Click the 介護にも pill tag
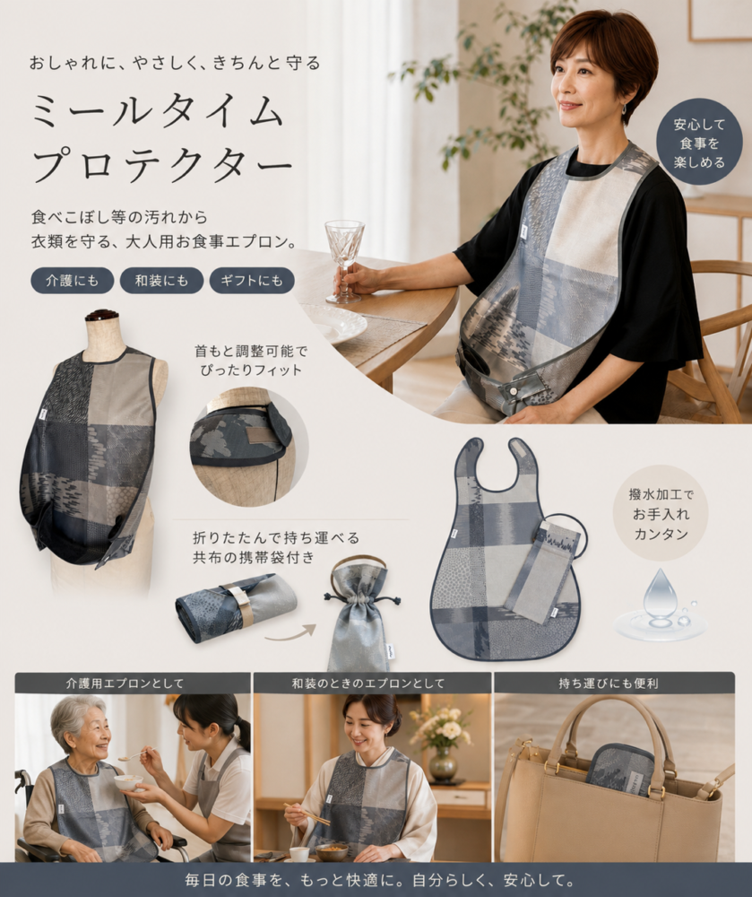[72, 280]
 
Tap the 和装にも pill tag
[161, 280]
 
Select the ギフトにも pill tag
[252, 280]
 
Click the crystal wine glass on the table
[344, 261]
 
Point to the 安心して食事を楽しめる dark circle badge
[699, 143]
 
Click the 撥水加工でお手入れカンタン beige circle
[661, 514]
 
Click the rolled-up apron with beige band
[236, 606]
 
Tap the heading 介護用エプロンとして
[125, 683]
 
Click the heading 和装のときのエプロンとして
[368, 683]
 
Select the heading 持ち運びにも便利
[608, 683]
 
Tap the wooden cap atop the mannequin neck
[101, 315]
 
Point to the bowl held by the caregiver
[128, 781]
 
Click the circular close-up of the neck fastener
[249, 446]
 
